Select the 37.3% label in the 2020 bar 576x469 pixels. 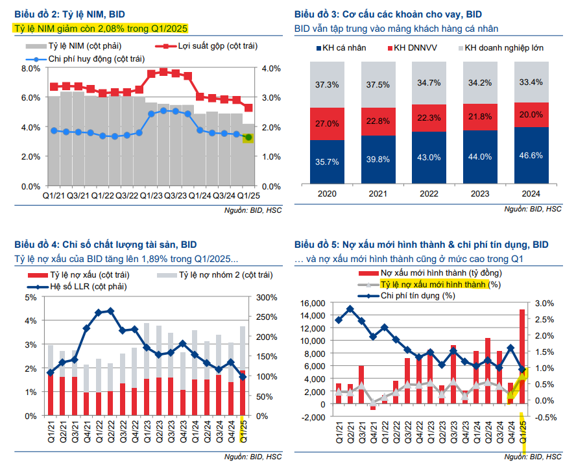tap(326, 84)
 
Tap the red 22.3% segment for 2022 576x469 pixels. tap(429, 117)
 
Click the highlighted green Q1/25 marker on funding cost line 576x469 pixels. tap(248, 137)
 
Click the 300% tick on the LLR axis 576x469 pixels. tap(267, 297)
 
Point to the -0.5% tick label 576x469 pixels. tap(546, 416)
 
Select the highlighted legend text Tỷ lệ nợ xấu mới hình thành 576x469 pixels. tap(433, 284)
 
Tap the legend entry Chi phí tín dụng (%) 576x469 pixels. tap(417, 296)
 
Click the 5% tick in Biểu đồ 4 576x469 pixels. tap(31, 297)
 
